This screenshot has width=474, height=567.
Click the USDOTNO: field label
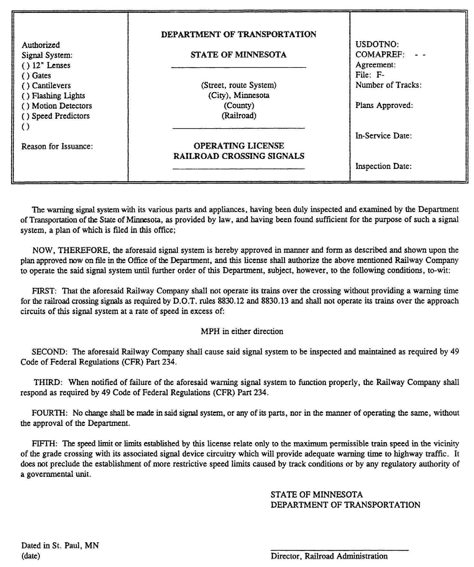coord(377,45)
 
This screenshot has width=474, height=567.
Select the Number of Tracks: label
coord(388,85)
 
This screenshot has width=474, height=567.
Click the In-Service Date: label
coord(383,136)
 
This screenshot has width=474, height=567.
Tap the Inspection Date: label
coord(383,166)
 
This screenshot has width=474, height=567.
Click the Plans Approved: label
coord(384,105)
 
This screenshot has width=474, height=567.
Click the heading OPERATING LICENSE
coord(239,146)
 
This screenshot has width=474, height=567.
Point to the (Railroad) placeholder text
coord(239,116)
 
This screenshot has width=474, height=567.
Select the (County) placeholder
coord(239,106)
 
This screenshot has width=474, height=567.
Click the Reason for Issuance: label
coord(57,147)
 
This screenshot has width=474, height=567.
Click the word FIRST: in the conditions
coord(44,291)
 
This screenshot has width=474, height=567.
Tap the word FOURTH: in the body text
coord(49,413)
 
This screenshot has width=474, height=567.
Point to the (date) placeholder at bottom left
coord(31,556)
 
